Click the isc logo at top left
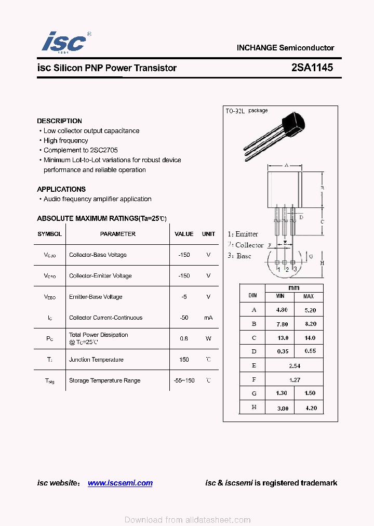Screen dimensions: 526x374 coord(64,42)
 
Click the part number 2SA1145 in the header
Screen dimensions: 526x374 coord(312,68)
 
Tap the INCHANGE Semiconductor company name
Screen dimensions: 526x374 coord(285,48)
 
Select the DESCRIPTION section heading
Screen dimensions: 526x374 coord(59,121)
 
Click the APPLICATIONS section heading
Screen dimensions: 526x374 coord(61,189)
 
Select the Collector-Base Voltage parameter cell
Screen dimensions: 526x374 coord(98,255)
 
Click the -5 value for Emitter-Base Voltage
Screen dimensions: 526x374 coord(184,297)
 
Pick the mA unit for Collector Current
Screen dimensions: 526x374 coord(208,318)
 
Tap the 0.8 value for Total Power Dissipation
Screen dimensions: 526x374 coord(184,338)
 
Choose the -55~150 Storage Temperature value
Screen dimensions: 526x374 coord(184,380)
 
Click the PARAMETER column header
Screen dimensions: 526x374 coord(118,234)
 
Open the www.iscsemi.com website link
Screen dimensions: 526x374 coord(120,483)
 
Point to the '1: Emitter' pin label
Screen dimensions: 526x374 coord(243,234)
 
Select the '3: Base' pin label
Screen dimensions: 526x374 coord(239,256)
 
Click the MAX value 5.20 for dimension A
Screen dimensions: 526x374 coord(309,310)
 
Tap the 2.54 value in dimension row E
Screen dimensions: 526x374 coord(295,366)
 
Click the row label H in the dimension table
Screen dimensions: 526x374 coord(253,407)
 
